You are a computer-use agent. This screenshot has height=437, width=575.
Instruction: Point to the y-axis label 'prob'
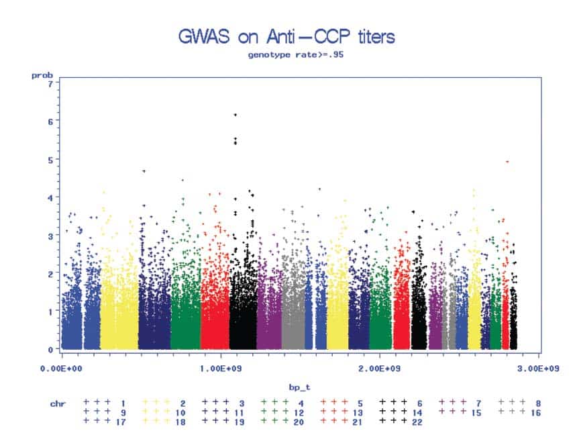[x=42, y=76]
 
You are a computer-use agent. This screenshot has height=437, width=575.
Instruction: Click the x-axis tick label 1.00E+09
[x=220, y=369]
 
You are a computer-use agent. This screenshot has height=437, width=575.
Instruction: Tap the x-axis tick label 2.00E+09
[x=380, y=369]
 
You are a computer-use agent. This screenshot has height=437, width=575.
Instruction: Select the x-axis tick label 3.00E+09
[x=539, y=369]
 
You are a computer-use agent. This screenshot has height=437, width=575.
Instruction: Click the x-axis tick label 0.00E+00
[x=61, y=369]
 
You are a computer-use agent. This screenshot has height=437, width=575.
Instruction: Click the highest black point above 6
[x=235, y=115]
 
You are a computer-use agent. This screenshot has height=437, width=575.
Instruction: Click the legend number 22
[x=417, y=421]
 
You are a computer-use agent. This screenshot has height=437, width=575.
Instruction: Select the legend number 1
[x=123, y=401]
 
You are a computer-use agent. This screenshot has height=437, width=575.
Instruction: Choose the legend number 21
[x=358, y=421]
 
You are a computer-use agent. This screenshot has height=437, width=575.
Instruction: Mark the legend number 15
[x=476, y=411]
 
